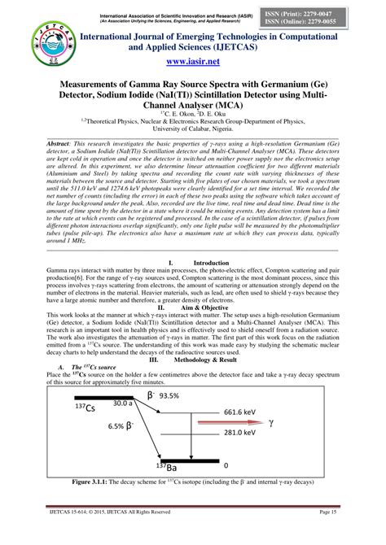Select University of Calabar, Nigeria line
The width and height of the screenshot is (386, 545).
point(193,129)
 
